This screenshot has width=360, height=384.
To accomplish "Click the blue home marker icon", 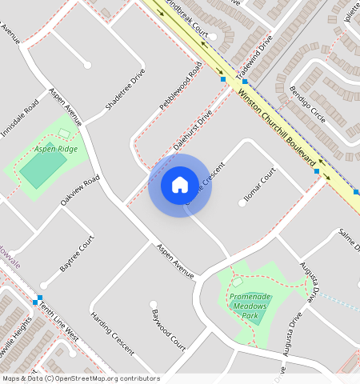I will coord(180,186).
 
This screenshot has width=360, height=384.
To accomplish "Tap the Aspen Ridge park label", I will coord(56,150).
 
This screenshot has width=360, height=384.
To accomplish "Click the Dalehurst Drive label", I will coord(193,131).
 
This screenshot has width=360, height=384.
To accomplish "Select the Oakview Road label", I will coord(80,190).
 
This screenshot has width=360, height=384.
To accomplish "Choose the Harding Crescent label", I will coord(111,331).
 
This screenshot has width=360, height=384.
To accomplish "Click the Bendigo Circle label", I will coord(307,104).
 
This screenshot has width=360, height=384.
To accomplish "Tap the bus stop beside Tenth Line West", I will coord(37,302).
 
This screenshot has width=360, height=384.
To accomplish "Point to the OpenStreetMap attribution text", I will coord(80,378).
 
